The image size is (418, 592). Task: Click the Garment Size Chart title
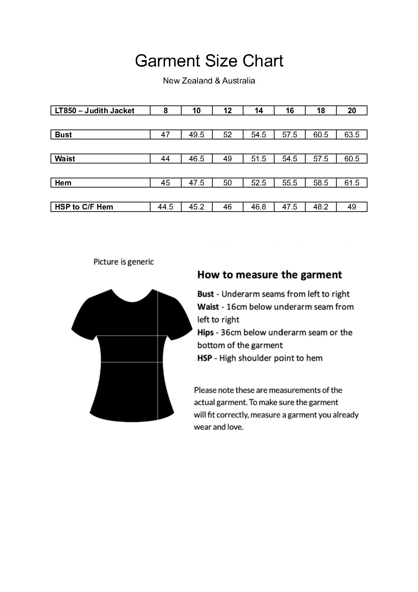209,61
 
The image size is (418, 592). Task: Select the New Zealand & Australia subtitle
209,81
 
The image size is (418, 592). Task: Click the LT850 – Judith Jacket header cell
95,111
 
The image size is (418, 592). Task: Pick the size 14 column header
259,111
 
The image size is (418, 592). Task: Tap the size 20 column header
352,111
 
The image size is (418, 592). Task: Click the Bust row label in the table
64,135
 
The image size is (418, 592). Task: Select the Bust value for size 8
165,135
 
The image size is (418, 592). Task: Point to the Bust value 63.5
352,135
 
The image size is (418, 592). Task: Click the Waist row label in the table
65,159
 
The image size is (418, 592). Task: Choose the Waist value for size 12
228,159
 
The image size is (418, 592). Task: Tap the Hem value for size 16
290,183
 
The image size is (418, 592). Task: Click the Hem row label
63,183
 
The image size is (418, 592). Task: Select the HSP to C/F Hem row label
84,207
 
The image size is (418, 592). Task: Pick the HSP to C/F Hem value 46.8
259,207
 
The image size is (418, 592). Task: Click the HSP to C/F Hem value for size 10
196,207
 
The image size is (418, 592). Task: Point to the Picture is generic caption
124,262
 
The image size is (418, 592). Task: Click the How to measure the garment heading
270,275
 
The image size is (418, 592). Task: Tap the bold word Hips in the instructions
205,333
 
